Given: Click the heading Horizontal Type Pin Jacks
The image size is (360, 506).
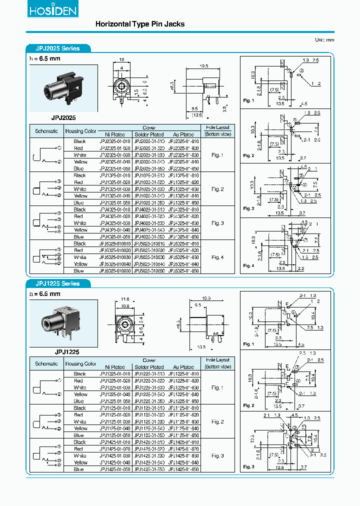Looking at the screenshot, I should coord(139,24).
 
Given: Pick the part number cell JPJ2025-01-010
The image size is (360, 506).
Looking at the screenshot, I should coord(115,141).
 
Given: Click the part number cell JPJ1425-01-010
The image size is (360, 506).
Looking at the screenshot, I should coord(115,442).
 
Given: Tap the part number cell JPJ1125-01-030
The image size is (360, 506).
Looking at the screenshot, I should coord(115,422).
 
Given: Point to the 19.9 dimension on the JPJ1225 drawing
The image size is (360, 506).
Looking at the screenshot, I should coord(206,298).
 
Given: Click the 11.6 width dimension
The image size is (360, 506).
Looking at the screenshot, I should coord(125,299).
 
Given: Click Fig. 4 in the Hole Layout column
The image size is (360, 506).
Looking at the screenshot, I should coord(217,257).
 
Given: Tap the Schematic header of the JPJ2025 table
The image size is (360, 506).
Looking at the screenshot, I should coord(46,131).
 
